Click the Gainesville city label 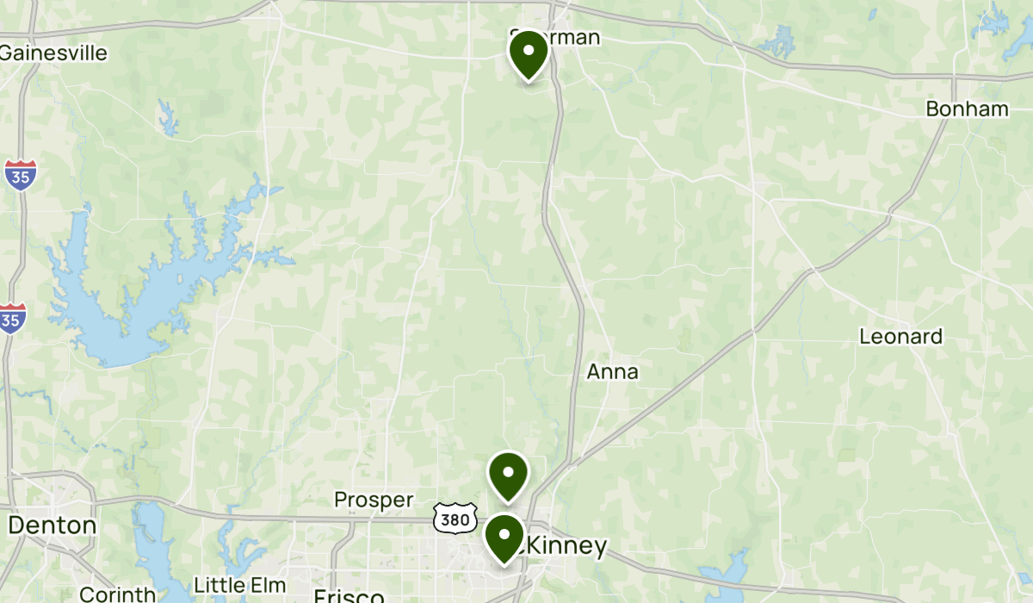(53, 53)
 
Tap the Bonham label (967, 109)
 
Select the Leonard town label (901, 337)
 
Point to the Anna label (613, 372)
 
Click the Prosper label (374, 500)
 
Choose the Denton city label (52, 525)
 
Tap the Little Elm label (240, 585)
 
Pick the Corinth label (117, 594)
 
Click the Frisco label (348, 596)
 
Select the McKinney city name (564, 545)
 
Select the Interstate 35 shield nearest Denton (12, 316)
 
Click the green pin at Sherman (529, 53)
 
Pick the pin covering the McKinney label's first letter (504, 537)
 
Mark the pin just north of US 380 (508, 475)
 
